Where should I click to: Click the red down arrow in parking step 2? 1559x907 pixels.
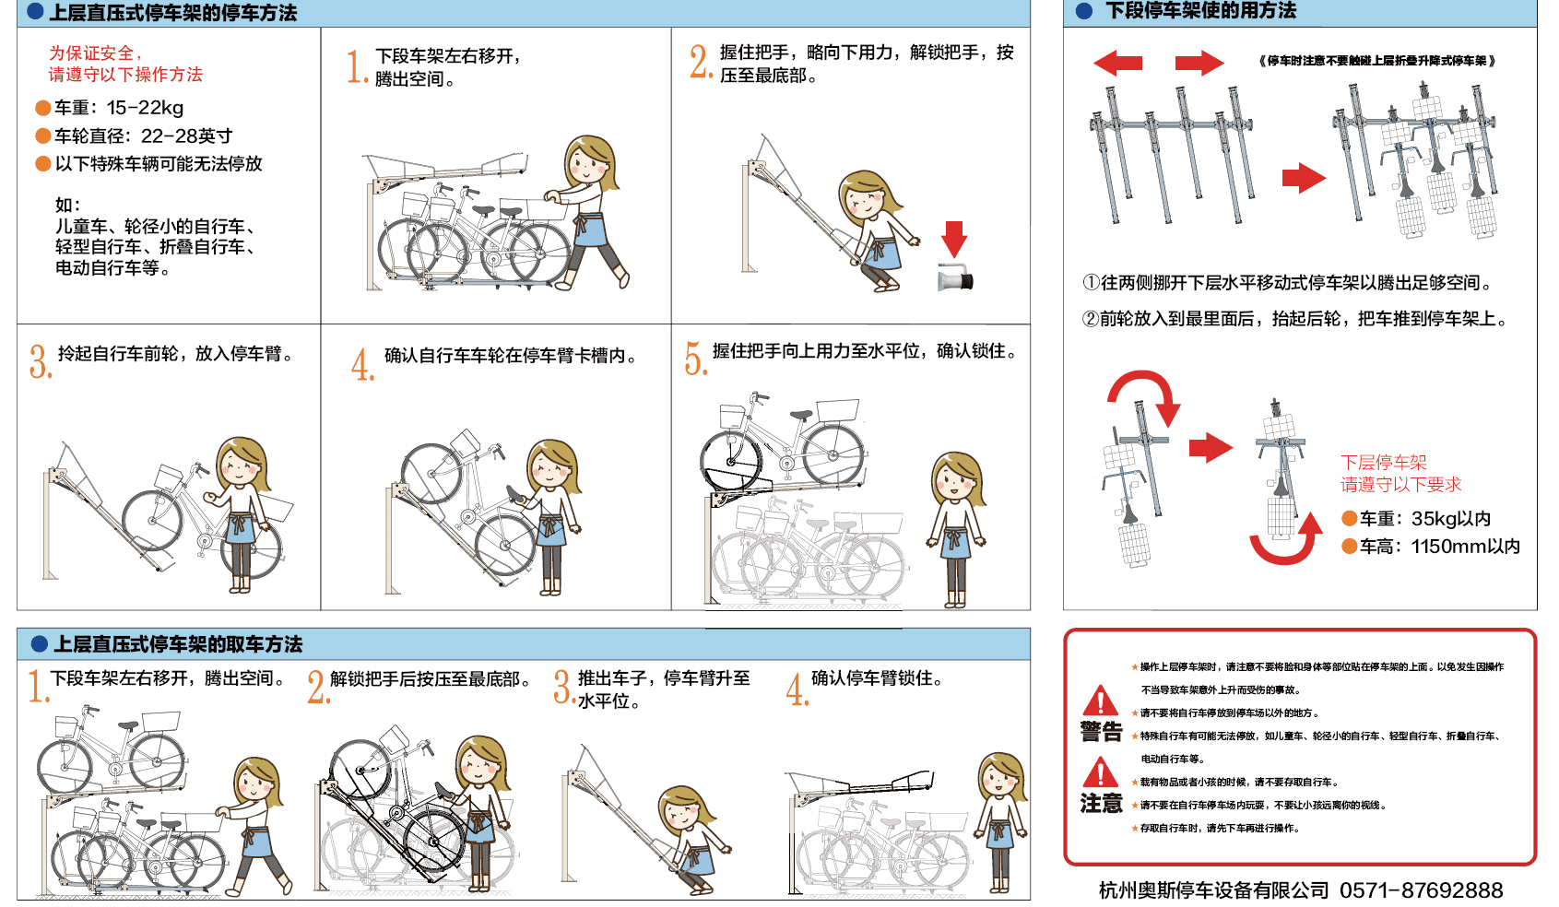953,239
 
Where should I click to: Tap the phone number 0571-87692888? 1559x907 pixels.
1422,890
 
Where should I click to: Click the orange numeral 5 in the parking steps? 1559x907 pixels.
695,358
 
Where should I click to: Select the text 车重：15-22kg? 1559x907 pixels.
119,108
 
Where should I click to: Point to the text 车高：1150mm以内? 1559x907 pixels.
1440,547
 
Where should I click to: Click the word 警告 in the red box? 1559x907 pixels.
1101,732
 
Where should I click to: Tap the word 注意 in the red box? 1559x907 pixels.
1101,804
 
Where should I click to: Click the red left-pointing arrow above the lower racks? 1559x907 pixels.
1117,63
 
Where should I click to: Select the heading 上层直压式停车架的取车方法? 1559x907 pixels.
178,644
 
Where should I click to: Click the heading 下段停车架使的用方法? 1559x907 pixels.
1200,10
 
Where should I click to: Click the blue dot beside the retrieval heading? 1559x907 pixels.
40,644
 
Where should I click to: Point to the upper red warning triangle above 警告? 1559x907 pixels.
1101,701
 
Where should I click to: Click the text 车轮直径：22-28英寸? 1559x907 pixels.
144,135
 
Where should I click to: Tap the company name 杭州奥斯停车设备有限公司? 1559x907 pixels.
1214,890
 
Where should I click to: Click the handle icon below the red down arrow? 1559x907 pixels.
955,278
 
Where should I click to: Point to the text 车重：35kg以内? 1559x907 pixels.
1425,519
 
